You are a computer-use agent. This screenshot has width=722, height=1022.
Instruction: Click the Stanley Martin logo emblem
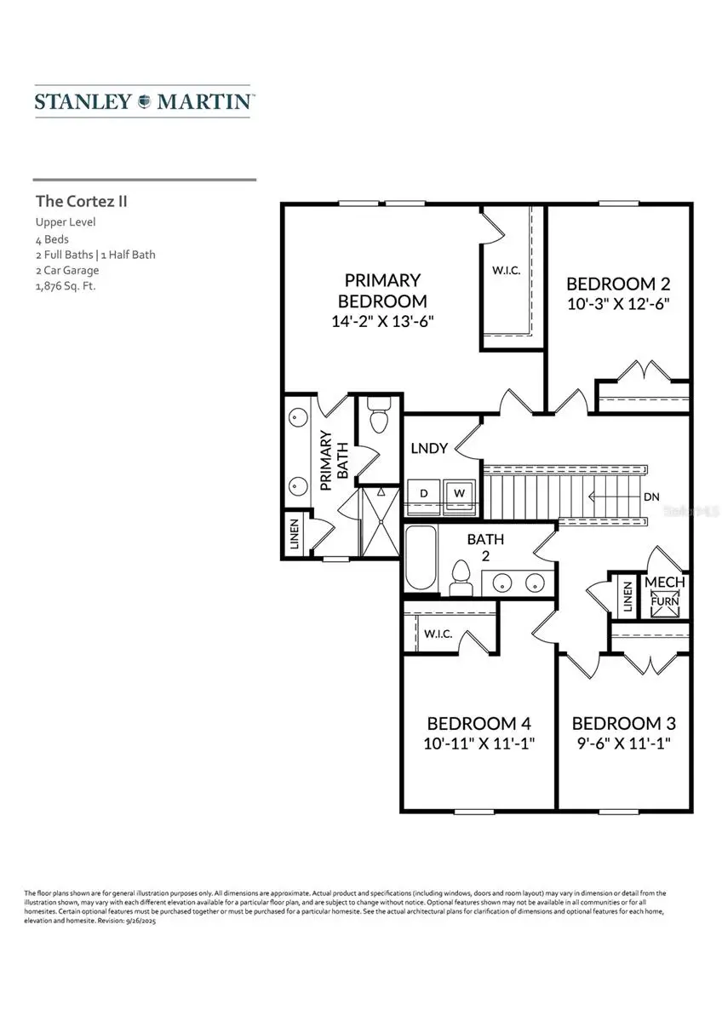click(x=145, y=101)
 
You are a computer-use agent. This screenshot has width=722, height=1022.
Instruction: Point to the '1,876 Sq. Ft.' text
click(x=66, y=286)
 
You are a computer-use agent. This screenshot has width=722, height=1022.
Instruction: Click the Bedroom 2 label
click(x=611, y=284)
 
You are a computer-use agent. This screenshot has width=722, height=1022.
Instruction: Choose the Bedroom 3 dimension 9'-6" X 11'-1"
click(x=623, y=743)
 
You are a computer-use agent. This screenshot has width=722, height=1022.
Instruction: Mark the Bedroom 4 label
click(x=478, y=723)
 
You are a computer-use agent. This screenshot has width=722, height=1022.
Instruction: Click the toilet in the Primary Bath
click(x=379, y=417)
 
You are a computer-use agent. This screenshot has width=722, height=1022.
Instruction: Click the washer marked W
click(x=460, y=493)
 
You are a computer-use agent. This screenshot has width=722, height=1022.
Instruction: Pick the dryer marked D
click(x=423, y=493)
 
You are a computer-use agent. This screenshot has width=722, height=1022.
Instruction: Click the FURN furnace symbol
click(x=663, y=601)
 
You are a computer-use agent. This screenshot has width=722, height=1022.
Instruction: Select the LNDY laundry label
click(x=429, y=448)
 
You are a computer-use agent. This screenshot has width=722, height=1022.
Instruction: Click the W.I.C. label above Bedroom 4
click(x=438, y=634)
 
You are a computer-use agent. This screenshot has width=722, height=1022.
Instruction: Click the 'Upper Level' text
click(x=66, y=222)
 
